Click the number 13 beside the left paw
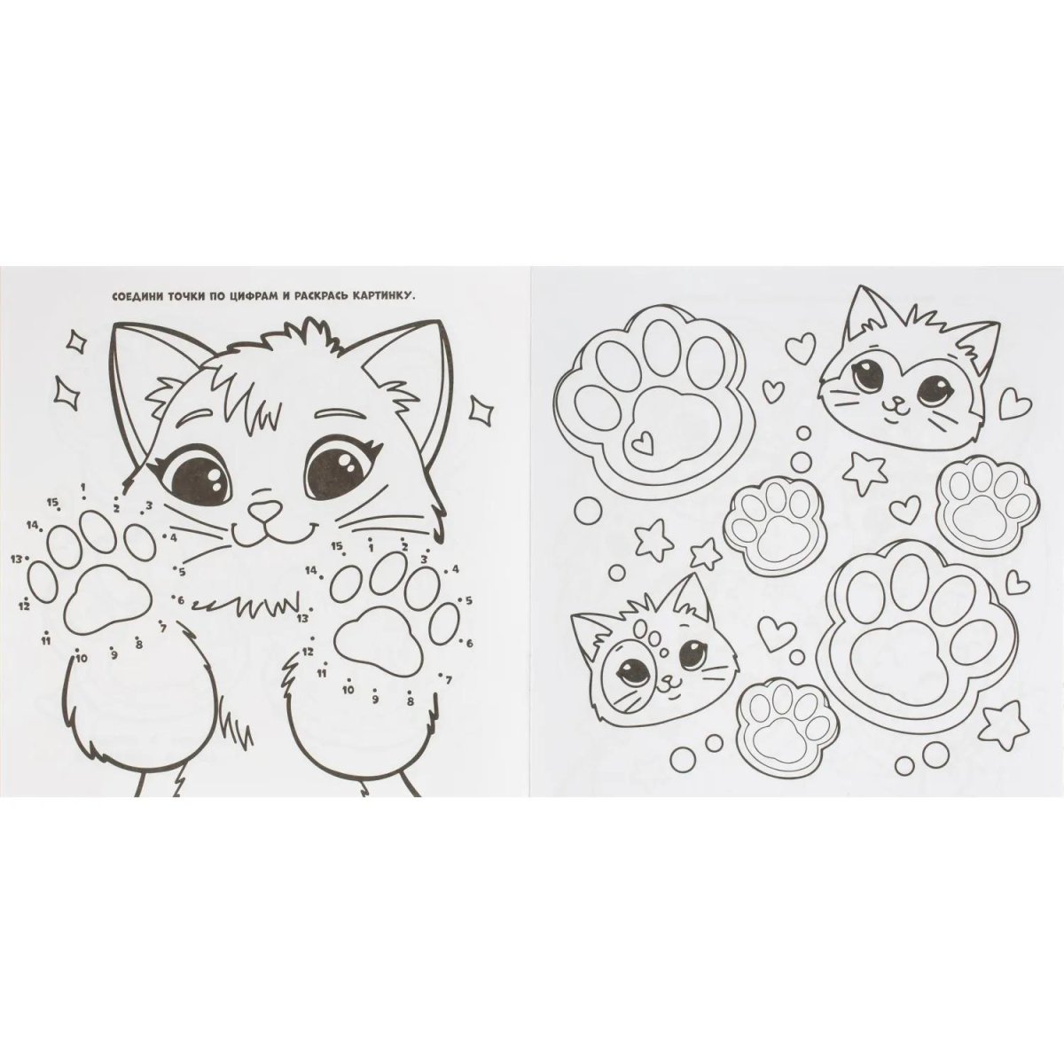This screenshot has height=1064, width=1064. (17, 559)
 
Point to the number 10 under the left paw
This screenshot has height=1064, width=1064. (82, 658)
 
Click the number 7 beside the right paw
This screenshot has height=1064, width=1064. (449, 681)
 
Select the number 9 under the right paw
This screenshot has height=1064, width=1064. (375, 700)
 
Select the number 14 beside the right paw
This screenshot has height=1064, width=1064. (311, 570)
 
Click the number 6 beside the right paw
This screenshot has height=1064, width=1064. (469, 643)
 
